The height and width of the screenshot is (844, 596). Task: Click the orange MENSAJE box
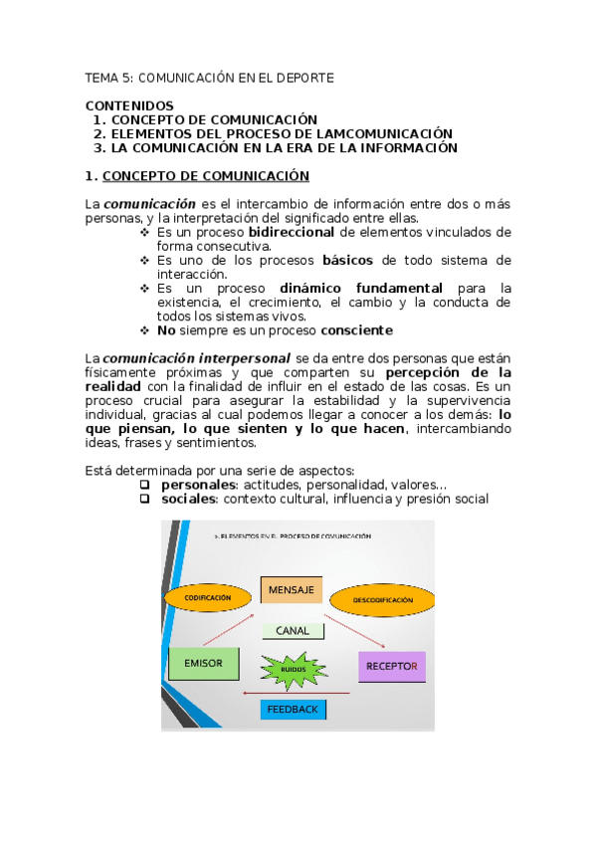pyautogui.click(x=291, y=590)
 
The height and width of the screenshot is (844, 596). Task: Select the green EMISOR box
pyautogui.click(x=203, y=663)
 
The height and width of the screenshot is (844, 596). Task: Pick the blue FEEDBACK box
pyautogui.click(x=293, y=710)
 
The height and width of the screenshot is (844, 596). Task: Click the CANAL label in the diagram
pyautogui.click(x=293, y=630)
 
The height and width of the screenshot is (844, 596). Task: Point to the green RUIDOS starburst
pyautogui.click(x=293, y=669)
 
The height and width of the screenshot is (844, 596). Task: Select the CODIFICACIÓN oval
pyautogui.click(x=206, y=597)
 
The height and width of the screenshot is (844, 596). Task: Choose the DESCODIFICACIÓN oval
pyautogui.click(x=382, y=600)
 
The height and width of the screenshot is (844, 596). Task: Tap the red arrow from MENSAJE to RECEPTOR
pyautogui.click(x=354, y=627)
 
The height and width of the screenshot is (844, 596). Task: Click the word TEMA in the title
pyautogui.click(x=100, y=77)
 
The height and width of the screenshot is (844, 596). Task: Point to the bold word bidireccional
pyautogui.click(x=291, y=232)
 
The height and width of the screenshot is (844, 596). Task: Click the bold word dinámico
pyautogui.click(x=311, y=288)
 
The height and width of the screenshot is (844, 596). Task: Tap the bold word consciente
pyautogui.click(x=356, y=329)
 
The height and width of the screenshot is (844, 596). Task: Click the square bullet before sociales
pyautogui.click(x=144, y=498)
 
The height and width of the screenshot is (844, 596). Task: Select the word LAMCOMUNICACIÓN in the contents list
pyautogui.click(x=379, y=133)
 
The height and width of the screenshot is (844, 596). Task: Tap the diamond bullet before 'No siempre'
pyautogui.click(x=144, y=329)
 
